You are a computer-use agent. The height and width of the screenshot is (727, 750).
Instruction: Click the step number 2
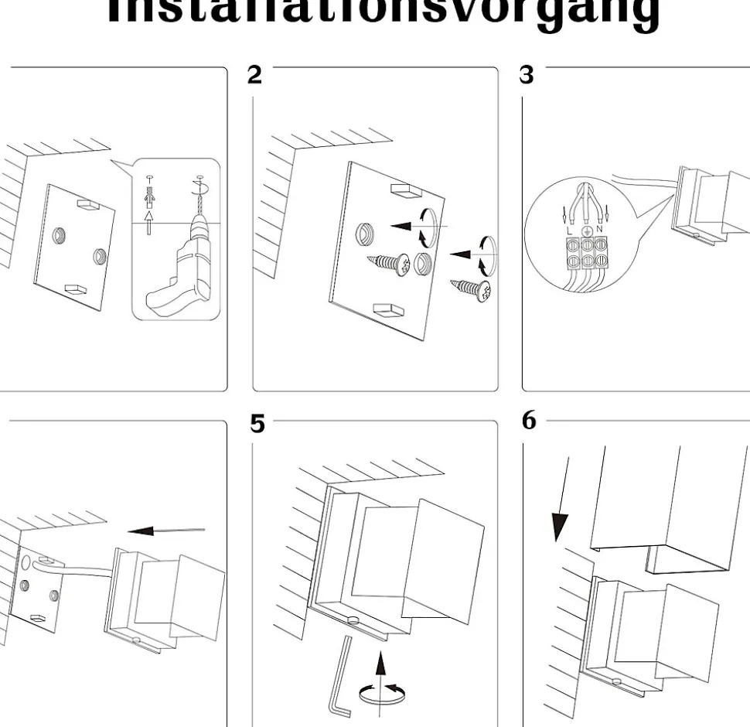254,75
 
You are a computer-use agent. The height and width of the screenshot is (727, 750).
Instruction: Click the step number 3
527,75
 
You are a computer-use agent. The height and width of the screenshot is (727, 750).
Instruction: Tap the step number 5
257,424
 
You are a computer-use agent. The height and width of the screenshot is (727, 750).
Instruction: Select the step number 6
529,421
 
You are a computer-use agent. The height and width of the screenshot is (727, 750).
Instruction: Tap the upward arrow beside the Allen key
380,666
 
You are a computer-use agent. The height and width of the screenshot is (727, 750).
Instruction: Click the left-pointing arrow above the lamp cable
165,531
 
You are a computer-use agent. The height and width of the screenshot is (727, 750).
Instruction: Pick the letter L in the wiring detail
570,229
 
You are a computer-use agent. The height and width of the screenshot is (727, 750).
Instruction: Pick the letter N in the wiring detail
600,229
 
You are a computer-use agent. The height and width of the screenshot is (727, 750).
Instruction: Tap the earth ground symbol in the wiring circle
586,230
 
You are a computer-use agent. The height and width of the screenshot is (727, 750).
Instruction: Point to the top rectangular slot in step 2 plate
405,189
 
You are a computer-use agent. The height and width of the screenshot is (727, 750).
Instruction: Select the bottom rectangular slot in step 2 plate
388,310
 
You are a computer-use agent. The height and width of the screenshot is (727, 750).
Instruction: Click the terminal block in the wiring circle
585,253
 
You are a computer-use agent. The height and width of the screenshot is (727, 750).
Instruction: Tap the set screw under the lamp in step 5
354,619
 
